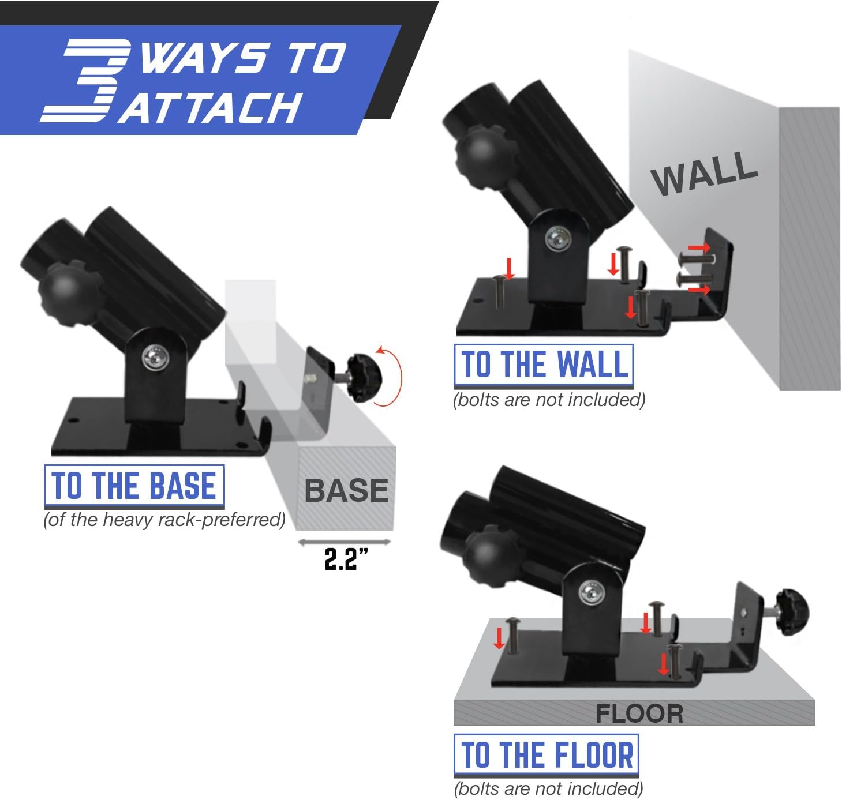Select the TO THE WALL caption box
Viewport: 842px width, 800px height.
[543, 366]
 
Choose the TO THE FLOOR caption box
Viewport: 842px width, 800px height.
[546, 755]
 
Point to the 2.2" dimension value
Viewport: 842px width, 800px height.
[346, 559]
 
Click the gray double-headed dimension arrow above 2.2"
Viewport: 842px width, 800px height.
[345, 542]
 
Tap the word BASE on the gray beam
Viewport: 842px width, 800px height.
[346, 490]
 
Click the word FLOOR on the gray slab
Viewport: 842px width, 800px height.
[639, 714]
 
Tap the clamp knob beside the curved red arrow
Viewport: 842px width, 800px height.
[364, 378]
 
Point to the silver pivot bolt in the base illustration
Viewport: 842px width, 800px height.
[155, 358]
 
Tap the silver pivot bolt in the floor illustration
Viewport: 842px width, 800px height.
[592, 594]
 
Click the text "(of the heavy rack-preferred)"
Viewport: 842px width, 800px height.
[164, 520]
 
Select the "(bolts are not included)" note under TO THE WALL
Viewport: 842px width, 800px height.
[549, 400]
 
